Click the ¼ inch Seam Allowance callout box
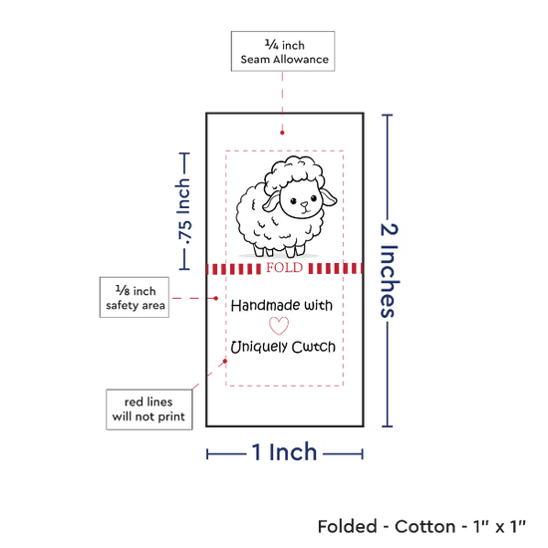pyautogui.click(x=283, y=52)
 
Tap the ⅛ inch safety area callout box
pyautogui.click(x=135, y=298)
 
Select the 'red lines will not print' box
pyautogui.click(x=149, y=410)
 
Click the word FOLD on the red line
pyautogui.click(x=285, y=268)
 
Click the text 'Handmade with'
pyautogui.click(x=282, y=306)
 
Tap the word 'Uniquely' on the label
pyautogui.click(x=259, y=347)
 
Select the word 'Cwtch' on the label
pyautogui.click(x=314, y=347)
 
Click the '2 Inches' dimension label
pyautogui.click(x=389, y=270)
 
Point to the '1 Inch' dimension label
pyautogui.click(x=284, y=452)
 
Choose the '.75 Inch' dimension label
pyautogui.click(x=183, y=211)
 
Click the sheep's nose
pyautogui.click(x=305, y=204)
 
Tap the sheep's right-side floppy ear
pyautogui.click(x=329, y=198)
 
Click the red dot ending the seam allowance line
pyautogui.click(x=282, y=133)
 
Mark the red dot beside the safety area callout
pyautogui.click(x=216, y=298)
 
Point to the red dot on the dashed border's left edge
pyautogui.click(x=225, y=361)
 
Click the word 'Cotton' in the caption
pyautogui.click(x=424, y=526)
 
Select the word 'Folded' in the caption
pyautogui.click(x=348, y=526)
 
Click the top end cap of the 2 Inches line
pyautogui.click(x=388, y=115)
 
